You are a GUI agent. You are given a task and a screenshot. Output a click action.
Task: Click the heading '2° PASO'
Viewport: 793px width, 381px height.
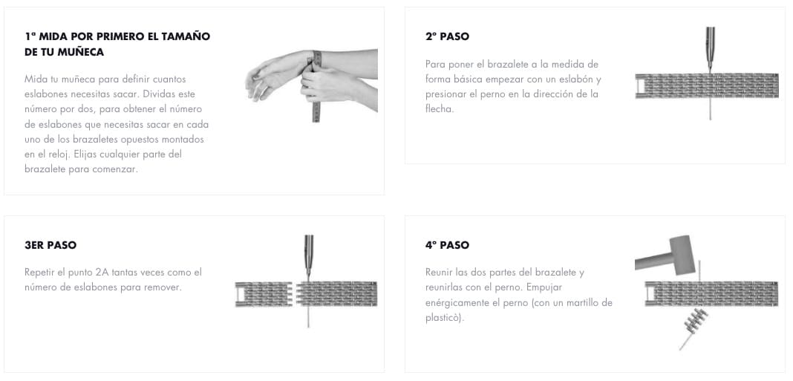(447, 36)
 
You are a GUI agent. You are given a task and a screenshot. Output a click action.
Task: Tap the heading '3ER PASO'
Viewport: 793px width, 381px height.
(50, 245)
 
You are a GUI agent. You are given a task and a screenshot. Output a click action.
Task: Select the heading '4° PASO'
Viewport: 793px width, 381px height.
(447, 245)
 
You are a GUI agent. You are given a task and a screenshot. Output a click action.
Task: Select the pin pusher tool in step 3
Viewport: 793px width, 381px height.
(308, 256)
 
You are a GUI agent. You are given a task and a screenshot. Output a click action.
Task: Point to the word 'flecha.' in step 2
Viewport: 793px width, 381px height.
(442, 109)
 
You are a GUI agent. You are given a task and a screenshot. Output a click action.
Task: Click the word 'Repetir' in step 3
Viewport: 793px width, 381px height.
(40, 273)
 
